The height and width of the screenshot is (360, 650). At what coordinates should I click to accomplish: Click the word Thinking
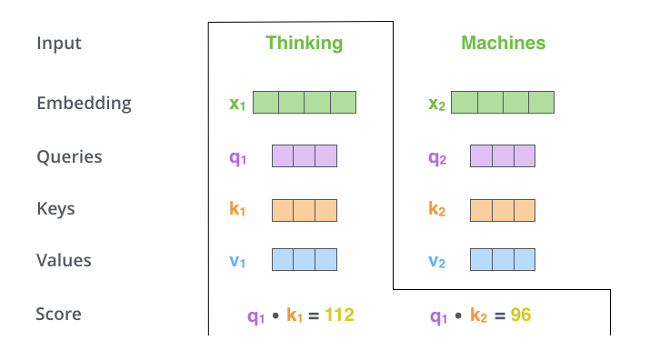(304, 43)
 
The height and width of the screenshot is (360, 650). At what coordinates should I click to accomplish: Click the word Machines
(503, 43)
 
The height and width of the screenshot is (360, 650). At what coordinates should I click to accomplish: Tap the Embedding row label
(84, 103)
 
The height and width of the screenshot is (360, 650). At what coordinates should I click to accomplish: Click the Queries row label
(69, 156)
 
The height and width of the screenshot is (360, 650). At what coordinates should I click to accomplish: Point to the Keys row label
(55, 208)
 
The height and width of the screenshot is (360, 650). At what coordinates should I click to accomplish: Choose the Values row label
(64, 260)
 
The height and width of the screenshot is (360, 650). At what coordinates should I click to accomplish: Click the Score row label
(58, 315)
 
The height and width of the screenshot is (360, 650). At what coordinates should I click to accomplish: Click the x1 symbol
(237, 104)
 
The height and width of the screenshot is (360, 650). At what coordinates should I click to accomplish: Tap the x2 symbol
(437, 104)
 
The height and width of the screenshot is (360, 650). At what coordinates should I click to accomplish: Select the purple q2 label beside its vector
(437, 157)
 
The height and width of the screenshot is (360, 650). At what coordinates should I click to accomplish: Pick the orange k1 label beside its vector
(237, 209)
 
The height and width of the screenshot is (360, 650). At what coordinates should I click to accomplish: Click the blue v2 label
(437, 262)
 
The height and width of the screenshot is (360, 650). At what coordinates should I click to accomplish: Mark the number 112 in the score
(336, 315)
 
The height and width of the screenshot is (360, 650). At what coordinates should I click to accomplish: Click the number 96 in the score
(520, 315)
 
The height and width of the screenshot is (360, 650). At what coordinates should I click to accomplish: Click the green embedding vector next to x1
(305, 102)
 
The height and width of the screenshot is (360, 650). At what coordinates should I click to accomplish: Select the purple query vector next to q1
(305, 156)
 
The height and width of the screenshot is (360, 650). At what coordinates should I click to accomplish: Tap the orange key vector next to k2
(503, 209)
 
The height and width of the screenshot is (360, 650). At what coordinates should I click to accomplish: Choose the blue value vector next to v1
(305, 260)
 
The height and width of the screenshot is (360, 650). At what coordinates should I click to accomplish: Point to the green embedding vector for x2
(503, 102)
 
